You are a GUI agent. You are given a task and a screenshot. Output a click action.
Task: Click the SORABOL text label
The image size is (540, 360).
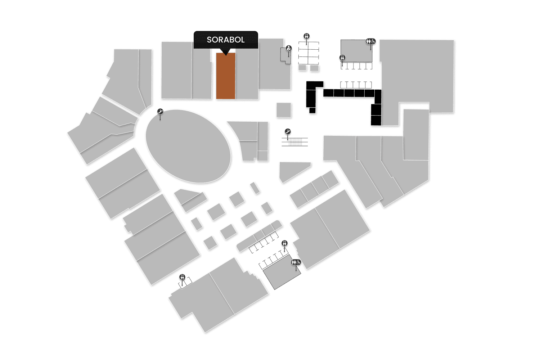click(x=226, y=40)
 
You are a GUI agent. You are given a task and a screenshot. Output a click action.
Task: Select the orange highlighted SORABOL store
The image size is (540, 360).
click(x=226, y=77)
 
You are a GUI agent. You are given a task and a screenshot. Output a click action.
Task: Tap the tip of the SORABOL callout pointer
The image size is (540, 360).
click(x=226, y=55)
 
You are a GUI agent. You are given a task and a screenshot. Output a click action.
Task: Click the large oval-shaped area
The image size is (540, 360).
click(x=188, y=146)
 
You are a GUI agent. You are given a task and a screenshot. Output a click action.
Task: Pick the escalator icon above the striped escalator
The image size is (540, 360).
click(x=288, y=132)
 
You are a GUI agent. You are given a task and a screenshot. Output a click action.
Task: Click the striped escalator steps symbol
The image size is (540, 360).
click(x=295, y=142)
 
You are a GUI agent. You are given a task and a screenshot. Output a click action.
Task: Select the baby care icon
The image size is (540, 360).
click(x=289, y=48)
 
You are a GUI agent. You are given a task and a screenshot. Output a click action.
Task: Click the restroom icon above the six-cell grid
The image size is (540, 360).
click(x=307, y=36)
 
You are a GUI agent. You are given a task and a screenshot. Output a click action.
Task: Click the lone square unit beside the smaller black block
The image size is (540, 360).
click(x=284, y=110)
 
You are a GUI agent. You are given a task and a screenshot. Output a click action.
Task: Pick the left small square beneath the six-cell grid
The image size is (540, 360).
click(x=302, y=68)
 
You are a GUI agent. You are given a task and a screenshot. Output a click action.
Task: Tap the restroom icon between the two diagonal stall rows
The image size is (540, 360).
click(x=285, y=243)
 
